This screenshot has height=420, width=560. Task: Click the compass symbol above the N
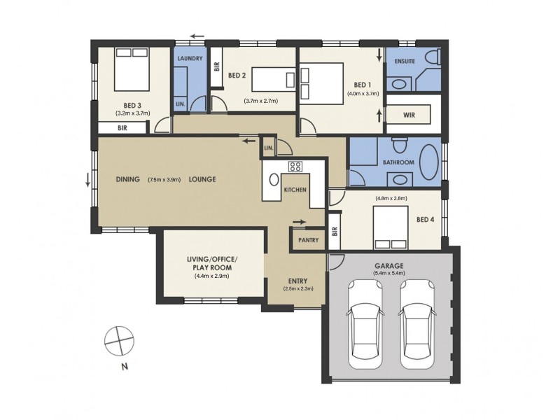click(x=119, y=341)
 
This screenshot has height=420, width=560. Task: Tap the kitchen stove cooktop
click(x=295, y=166)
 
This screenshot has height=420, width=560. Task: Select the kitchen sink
click(x=274, y=180)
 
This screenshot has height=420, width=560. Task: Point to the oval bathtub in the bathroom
click(x=429, y=162)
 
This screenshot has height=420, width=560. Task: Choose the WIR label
click(x=409, y=115)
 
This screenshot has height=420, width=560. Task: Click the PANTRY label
click(x=308, y=240)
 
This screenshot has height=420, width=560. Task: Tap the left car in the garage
click(x=365, y=324)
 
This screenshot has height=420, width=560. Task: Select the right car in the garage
click(x=417, y=324)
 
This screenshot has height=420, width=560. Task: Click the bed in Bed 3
click(x=132, y=69)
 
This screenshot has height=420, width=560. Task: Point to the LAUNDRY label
click(x=190, y=58)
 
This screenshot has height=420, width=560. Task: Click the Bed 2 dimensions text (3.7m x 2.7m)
click(x=260, y=101)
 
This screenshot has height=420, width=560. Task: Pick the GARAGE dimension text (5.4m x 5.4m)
click(x=389, y=273)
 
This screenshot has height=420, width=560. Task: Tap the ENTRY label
click(x=298, y=281)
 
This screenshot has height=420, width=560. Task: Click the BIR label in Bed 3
click(x=122, y=128)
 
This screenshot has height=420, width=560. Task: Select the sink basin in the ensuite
click(x=398, y=85)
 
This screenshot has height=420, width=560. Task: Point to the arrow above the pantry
click(x=300, y=222)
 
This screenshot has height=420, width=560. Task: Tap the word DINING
click(x=128, y=179)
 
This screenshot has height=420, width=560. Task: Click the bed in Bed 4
click(x=391, y=227)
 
